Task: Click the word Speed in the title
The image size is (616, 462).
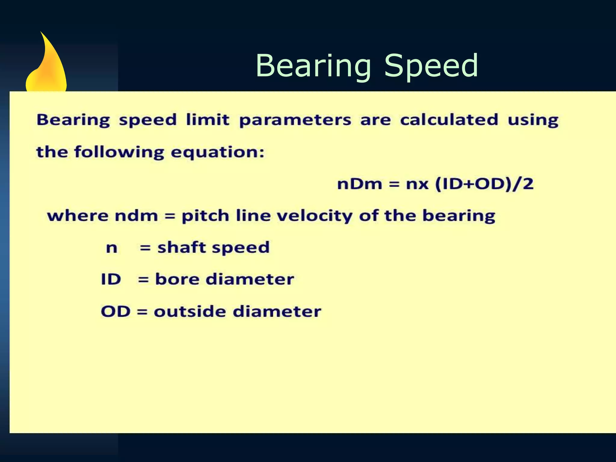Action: point(431,66)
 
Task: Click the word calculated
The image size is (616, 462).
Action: point(449,120)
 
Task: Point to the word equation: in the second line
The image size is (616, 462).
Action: point(217,152)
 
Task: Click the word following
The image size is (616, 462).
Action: point(119,152)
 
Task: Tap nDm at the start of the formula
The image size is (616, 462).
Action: point(359,184)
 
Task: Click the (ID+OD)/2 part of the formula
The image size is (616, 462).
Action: point(484,184)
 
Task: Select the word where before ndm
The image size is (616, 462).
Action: point(78,216)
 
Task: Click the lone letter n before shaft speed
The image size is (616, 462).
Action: point(112,248)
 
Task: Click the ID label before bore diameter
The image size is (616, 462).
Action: point(111,279)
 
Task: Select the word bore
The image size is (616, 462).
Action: point(177,279)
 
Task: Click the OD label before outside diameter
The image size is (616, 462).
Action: point(115,311)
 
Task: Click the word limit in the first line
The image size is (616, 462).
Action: point(208,120)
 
